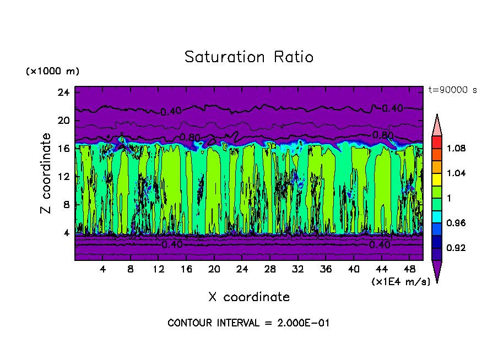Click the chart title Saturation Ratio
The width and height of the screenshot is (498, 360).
pos(249,57)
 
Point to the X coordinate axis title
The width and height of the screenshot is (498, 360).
pos(249,297)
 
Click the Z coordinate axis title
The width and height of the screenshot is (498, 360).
pos(46,173)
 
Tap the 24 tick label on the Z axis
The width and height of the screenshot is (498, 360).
pos(63,92)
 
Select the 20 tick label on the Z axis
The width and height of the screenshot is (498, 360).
pos(63,121)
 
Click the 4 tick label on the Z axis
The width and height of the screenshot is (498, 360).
pos(66,233)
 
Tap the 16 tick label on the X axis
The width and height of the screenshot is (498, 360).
pos(186,269)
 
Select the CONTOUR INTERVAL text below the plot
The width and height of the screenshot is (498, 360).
pos(248,323)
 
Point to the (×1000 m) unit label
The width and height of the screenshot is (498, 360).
pos(52,72)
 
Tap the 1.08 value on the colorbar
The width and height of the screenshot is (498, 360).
pos(457,148)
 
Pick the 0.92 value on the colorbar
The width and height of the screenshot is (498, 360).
pos(457,248)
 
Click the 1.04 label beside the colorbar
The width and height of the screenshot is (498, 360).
pos(457,173)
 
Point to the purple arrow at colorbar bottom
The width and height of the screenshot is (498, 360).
pos(437,270)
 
